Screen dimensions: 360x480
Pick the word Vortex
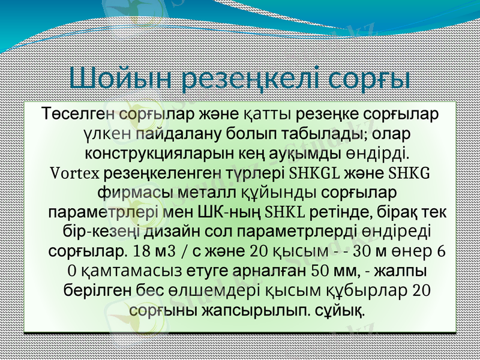(x=74, y=173)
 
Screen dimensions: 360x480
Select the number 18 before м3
(x=144, y=251)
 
